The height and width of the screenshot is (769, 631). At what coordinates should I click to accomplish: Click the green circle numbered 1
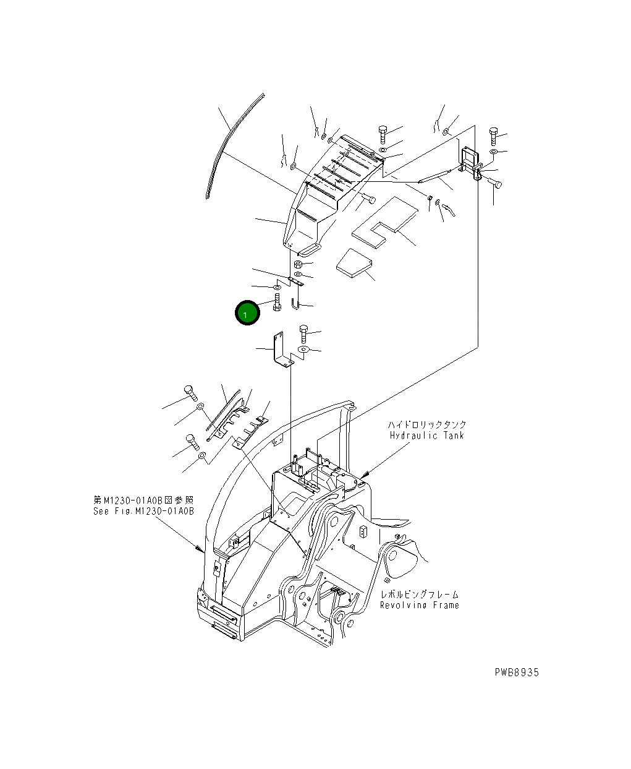pos(247,314)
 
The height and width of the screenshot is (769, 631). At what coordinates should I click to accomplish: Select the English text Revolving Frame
pos(419,605)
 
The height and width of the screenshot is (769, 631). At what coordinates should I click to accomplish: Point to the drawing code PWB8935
pos(516,672)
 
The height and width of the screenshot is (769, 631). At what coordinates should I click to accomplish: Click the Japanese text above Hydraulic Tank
pos(427,425)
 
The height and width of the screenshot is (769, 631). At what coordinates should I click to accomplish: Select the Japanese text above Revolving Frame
pos(419,595)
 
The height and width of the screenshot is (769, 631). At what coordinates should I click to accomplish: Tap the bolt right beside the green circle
pos(276,304)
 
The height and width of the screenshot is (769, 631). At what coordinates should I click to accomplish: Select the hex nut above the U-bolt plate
pos(298,264)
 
